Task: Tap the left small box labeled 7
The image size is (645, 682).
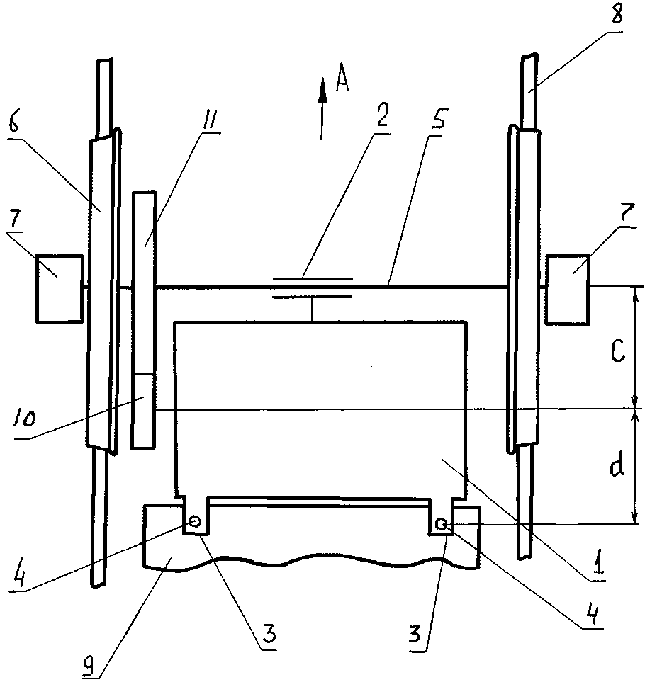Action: pos(60,289)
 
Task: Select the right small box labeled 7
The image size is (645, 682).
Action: pos(568,290)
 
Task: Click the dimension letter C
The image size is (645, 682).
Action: pos(618,351)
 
